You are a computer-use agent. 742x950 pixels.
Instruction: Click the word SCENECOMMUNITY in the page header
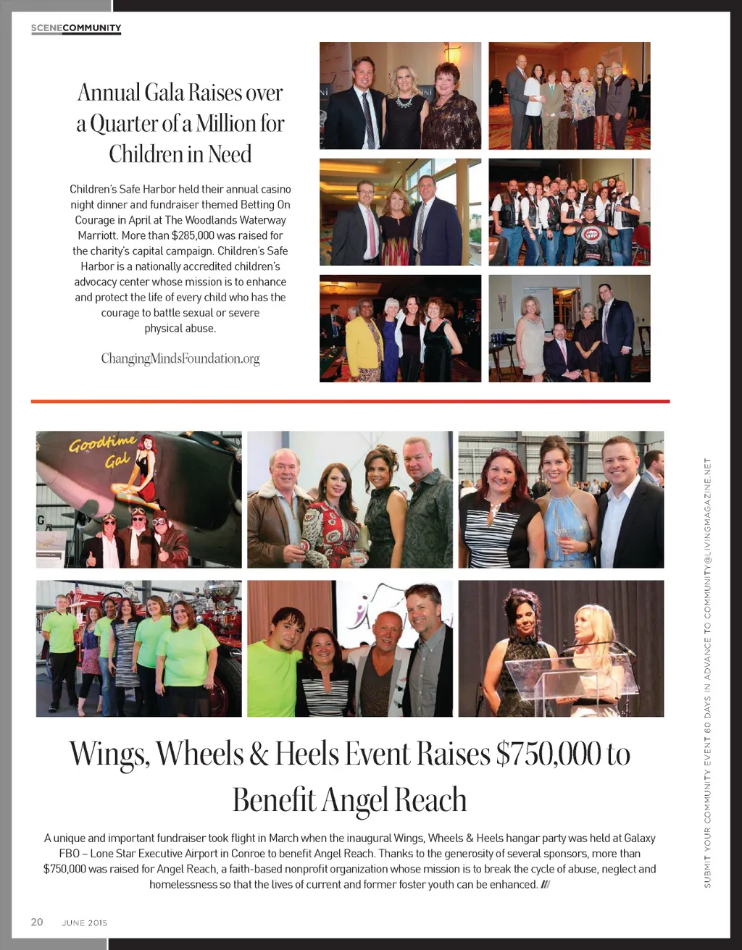point(76,28)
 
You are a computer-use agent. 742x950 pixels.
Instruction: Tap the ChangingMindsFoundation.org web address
point(180,358)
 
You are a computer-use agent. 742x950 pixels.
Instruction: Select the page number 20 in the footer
point(37,922)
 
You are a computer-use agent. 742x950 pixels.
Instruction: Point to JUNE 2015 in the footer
point(85,923)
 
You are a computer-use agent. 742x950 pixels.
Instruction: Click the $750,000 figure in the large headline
point(549,754)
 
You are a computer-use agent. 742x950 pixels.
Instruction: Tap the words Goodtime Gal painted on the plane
point(101,451)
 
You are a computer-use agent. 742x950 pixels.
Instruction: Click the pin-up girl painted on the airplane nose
point(143,471)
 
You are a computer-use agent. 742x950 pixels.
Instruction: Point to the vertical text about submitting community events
point(707,673)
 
